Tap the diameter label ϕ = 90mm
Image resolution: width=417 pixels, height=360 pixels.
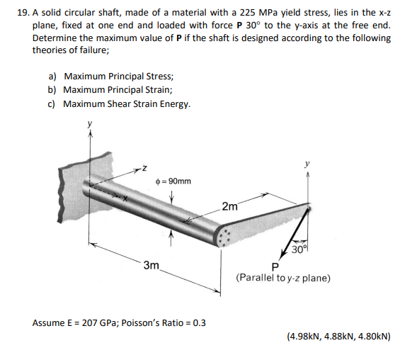pos(173,181)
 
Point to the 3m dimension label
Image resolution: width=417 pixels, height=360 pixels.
pos(152,266)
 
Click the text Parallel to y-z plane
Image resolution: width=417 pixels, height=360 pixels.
pos(282,278)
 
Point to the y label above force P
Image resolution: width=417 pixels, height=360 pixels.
pos(307,164)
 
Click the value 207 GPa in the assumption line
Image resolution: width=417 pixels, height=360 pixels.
pos(88,322)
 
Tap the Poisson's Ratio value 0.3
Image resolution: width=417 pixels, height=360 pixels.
pos(199,322)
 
